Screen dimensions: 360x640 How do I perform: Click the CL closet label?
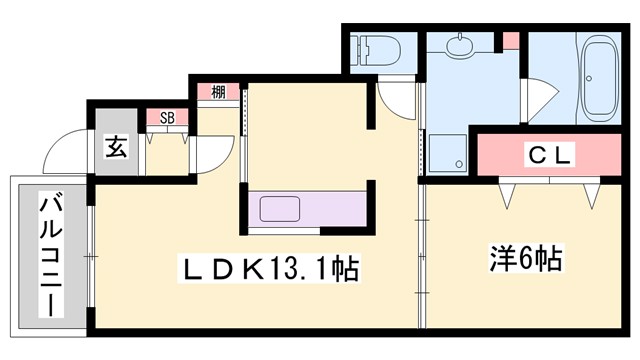549,155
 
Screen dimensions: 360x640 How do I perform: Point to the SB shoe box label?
167,118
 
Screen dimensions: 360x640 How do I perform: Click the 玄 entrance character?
117,147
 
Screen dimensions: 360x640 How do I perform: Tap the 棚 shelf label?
218,93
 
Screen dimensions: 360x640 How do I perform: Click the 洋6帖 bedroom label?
524,260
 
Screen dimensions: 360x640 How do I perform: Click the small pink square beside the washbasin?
510,41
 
